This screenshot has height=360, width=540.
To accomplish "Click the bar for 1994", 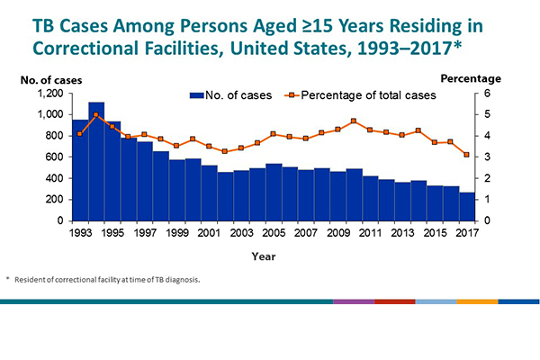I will pos(96,162).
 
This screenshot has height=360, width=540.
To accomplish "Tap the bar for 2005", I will pos(274,193).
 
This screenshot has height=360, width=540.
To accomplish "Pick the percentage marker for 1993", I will pos(80,133).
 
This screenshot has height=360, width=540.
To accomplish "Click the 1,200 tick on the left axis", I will pos(50,94).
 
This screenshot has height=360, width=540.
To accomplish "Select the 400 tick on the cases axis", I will pos(56,178).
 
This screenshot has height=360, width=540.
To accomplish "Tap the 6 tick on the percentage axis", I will pos(487,94).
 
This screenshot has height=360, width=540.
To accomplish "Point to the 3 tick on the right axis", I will pos(487,157).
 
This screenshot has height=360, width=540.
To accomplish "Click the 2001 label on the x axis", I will pos(210,233).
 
